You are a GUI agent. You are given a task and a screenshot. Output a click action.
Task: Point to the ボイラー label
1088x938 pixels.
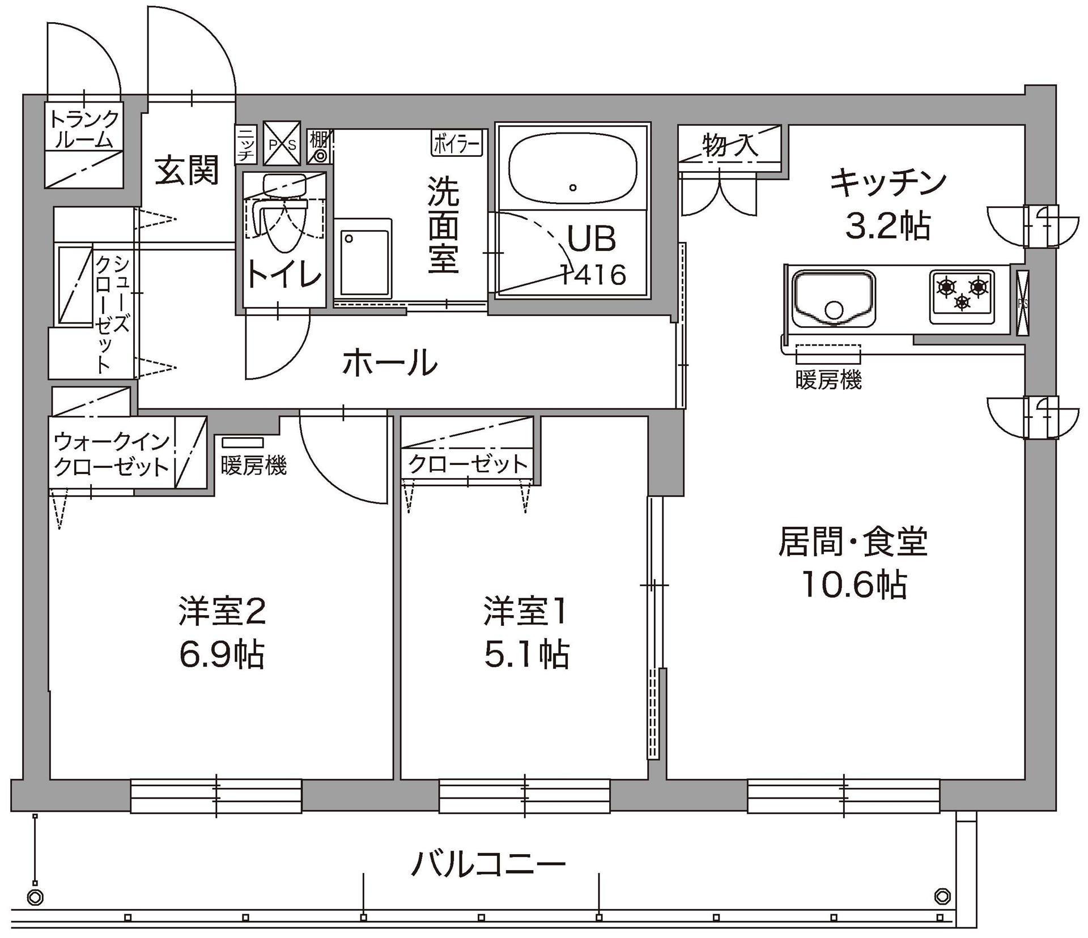tap(457, 143)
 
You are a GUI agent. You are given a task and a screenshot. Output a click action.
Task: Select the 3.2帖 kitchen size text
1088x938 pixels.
tap(887, 227)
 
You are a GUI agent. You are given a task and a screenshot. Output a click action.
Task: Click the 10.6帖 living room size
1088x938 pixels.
tap(854, 585)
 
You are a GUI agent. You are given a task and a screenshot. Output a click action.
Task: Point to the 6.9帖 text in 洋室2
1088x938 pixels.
tap(222, 655)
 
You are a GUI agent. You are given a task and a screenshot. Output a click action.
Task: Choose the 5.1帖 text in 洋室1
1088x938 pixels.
tap(526, 655)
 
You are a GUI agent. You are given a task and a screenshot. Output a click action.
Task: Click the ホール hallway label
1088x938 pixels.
tap(390, 363)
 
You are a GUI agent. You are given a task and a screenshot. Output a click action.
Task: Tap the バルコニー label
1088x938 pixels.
tap(488, 864)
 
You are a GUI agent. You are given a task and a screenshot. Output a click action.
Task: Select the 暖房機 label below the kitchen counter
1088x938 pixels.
tap(828, 380)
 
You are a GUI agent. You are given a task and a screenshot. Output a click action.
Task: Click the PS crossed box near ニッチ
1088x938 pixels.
tap(282, 144)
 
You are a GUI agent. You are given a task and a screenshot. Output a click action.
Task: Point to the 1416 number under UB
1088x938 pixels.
tap(593, 275)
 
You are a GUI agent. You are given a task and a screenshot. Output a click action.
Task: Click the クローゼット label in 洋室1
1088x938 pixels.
tap(468, 464)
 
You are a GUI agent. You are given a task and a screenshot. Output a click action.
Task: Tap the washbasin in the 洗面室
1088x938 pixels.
tap(363, 257)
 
